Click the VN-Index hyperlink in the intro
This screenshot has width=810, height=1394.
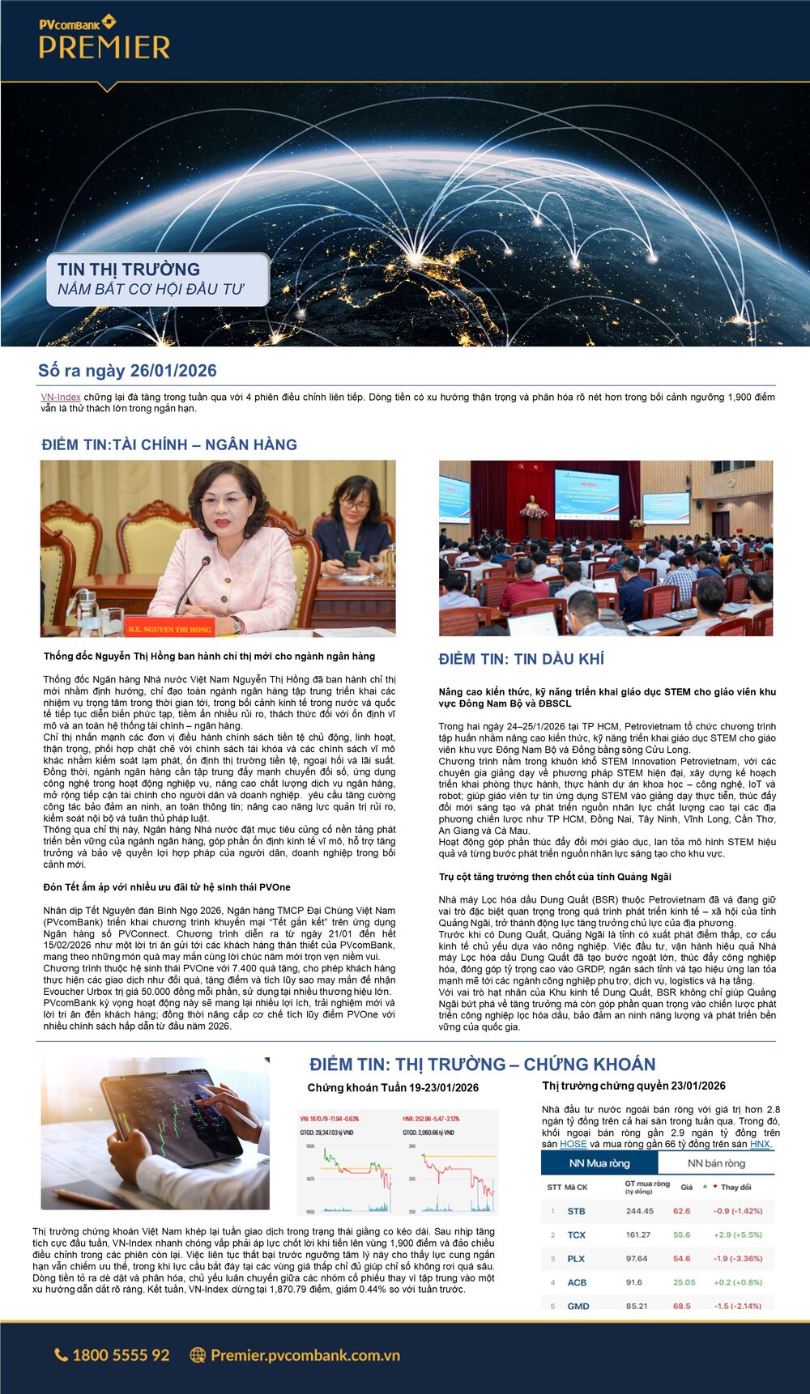pos(61,397)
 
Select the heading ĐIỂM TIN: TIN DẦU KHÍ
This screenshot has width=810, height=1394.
pos(521,659)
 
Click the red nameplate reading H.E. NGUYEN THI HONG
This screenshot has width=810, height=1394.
pos(168,627)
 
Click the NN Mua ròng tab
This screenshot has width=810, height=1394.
pos(599,1163)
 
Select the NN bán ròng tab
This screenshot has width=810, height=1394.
pos(716,1163)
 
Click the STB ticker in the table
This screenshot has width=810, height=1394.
pos(576,1211)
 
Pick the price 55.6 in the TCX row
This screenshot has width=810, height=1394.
pos(682,1235)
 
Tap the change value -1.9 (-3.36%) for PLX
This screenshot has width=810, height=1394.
pos(738,1259)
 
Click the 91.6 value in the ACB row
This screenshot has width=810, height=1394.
pos(634,1282)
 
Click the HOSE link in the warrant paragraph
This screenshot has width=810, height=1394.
pos(573,1144)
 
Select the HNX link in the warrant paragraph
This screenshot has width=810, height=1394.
pos(760,1144)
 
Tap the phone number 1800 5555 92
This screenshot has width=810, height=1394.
pos(121,1355)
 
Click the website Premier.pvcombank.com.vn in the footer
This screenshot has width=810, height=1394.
pos(305,1355)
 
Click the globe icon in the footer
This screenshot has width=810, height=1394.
pos(197,1355)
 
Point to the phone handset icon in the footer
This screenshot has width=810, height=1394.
pos(61,1355)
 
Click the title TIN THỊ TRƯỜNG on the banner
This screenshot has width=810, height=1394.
pos(129,270)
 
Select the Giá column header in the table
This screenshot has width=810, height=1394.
pos(686,1187)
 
